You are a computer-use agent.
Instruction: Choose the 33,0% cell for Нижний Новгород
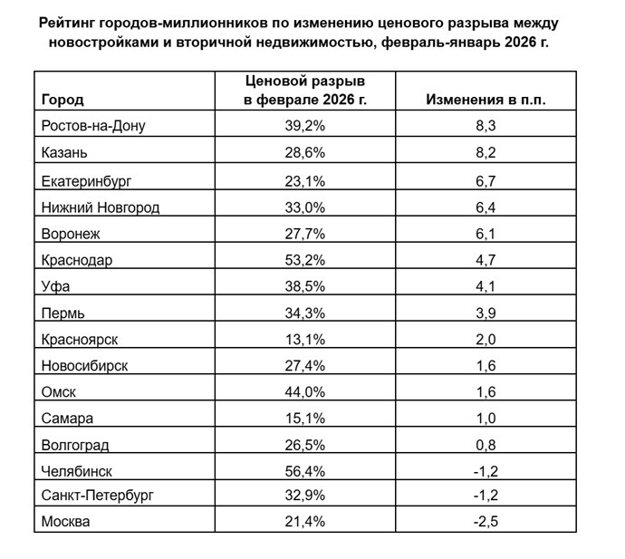point(304,207)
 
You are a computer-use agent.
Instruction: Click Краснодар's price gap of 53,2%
point(304,260)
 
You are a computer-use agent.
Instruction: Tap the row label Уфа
point(56,286)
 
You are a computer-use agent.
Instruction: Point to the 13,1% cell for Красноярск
point(304,340)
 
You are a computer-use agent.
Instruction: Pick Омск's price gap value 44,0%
point(304,392)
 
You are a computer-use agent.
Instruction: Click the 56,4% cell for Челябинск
point(304,471)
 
